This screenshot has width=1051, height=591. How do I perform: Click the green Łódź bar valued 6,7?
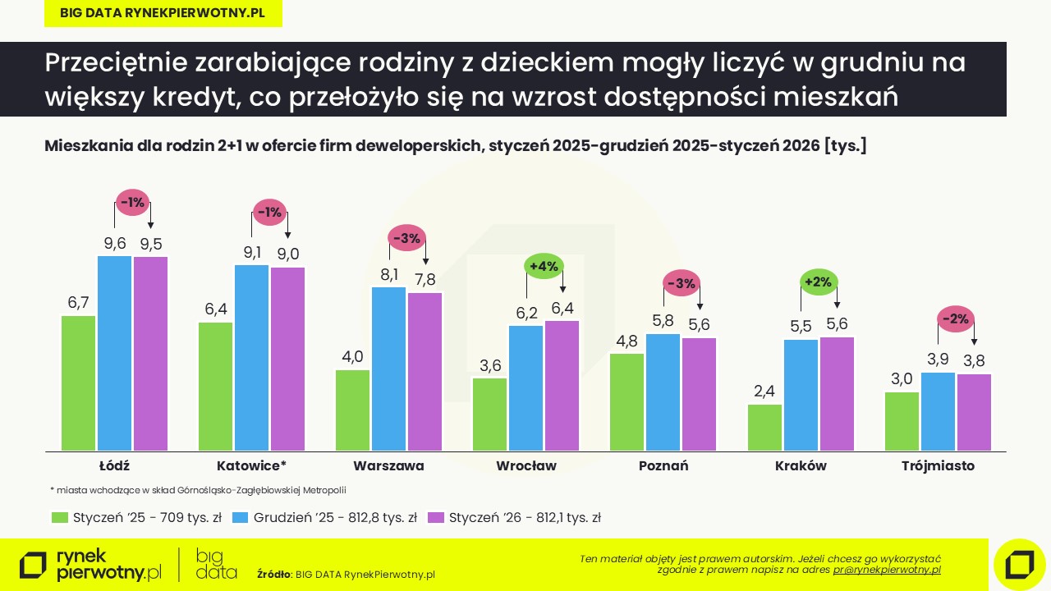[78, 383]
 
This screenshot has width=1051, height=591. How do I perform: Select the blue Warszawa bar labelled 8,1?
[389, 369]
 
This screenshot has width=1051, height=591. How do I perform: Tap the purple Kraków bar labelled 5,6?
[837, 394]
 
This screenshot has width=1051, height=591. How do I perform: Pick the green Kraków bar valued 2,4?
[764, 427]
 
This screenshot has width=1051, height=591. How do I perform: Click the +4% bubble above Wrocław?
[544, 267]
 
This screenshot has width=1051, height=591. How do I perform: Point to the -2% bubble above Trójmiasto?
[956, 319]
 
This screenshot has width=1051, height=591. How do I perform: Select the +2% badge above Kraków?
[819, 282]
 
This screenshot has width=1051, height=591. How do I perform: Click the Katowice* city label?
[251, 466]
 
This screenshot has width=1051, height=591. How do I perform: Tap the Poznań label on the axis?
[663, 466]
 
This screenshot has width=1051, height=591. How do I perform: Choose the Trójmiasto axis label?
[938, 466]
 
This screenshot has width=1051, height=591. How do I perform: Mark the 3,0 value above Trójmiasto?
[902, 379]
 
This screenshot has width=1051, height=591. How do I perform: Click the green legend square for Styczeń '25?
[59, 518]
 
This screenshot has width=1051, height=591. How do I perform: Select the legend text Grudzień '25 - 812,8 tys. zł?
[335, 518]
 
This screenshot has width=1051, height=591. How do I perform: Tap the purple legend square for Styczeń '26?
[436, 518]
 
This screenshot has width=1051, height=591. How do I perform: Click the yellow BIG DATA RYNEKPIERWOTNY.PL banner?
[163, 13]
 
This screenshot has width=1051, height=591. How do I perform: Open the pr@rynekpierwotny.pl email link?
[887, 569]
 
